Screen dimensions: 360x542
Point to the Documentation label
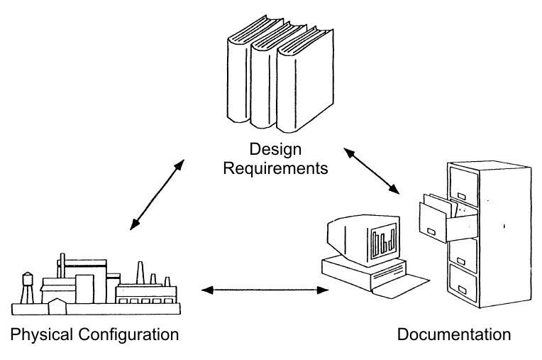(453, 334)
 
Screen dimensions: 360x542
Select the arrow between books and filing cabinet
(371, 170)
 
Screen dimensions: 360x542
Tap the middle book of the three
(267, 85)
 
